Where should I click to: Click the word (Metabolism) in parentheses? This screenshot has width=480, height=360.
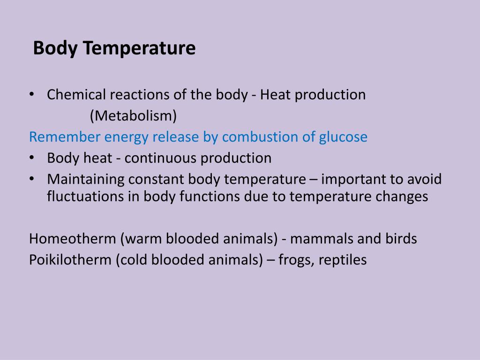point(134,115)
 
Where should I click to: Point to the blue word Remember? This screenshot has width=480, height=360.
point(64,137)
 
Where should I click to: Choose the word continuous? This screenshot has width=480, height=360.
point(161,158)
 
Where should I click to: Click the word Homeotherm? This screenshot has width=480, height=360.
point(73,239)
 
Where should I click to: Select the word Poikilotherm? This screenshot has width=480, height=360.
point(71,260)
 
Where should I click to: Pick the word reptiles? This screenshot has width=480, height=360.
point(343,260)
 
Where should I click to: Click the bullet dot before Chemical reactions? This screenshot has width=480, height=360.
point(31,95)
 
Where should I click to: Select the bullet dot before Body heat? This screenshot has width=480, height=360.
point(31,158)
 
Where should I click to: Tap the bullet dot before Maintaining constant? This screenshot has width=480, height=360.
point(31,179)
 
